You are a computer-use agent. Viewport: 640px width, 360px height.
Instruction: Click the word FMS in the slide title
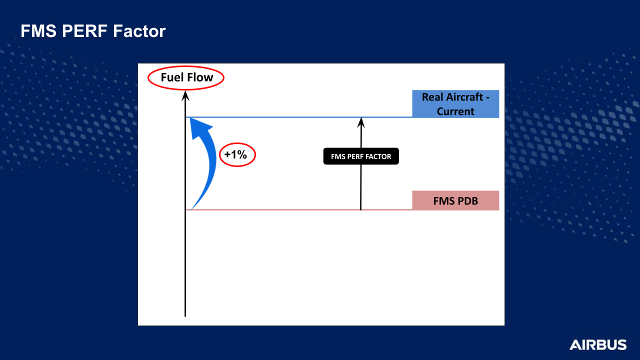(x=38, y=31)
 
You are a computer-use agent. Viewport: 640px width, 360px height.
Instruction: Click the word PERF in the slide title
(x=84, y=31)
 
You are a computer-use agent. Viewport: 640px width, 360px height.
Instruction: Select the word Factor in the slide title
(x=139, y=31)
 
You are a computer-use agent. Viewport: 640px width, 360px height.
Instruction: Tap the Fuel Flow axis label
(x=187, y=77)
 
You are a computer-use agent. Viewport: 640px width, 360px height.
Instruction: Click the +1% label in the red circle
(x=235, y=154)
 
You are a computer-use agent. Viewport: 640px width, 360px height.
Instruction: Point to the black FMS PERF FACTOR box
(x=361, y=156)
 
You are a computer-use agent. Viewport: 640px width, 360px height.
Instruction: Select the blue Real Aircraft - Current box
(x=455, y=104)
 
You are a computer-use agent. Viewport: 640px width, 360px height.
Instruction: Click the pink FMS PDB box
(x=455, y=200)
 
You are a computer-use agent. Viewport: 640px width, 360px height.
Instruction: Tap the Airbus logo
(x=597, y=345)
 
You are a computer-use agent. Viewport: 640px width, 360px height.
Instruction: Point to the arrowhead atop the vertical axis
(x=185, y=95)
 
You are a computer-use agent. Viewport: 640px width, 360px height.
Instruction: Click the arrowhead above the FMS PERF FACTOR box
(x=361, y=122)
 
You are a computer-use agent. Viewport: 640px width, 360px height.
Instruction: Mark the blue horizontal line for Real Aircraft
(x=299, y=117)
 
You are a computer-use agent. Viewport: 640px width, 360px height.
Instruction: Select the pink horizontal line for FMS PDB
(x=299, y=209)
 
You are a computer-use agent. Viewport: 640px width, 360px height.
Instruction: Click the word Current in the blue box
(x=455, y=111)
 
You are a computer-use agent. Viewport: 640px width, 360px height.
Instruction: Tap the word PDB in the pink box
(x=467, y=201)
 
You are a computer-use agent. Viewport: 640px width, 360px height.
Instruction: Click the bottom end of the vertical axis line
(x=185, y=316)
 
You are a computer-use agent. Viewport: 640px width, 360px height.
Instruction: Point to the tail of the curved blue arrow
(x=191, y=209)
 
